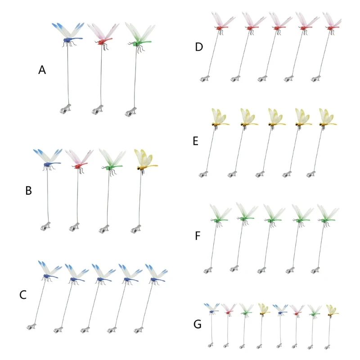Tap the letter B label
coord(28,191)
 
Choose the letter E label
coord(195,141)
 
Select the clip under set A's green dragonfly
coord(131,111)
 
